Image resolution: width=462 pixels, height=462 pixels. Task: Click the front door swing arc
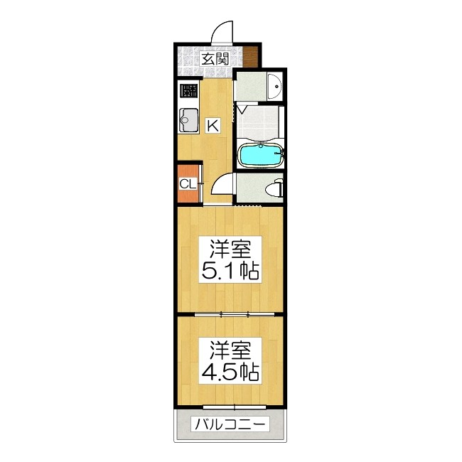tap(222, 32)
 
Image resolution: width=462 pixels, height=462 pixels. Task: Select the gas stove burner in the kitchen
tap(189, 91)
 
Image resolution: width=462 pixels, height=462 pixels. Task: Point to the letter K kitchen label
tap(213, 126)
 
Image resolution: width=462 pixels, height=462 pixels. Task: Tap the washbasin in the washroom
tap(275, 86)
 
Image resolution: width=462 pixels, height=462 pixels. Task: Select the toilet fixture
tap(276, 188)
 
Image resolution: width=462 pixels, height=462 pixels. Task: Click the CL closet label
tap(188, 184)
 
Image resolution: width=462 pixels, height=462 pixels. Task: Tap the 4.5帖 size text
tap(229, 372)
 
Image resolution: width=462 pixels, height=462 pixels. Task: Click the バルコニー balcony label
tap(230, 425)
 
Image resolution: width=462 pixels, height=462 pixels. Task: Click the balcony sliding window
tap(234, 407)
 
